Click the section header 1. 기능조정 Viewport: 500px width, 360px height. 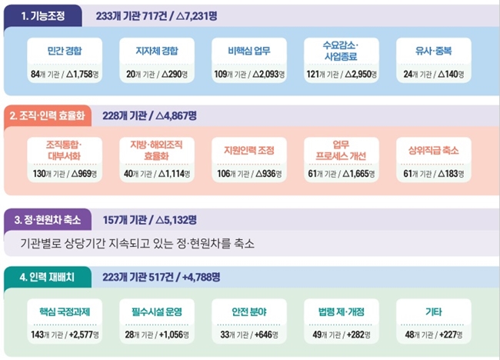pyautogui.click(x=45, y=15)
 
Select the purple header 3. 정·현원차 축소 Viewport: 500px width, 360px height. pyautogui.click(x=48, y=219)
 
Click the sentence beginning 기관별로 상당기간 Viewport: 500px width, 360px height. pyautogui.click(x=138, y=245)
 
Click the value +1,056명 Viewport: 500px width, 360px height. pyautogui.click(x=172, y=335)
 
